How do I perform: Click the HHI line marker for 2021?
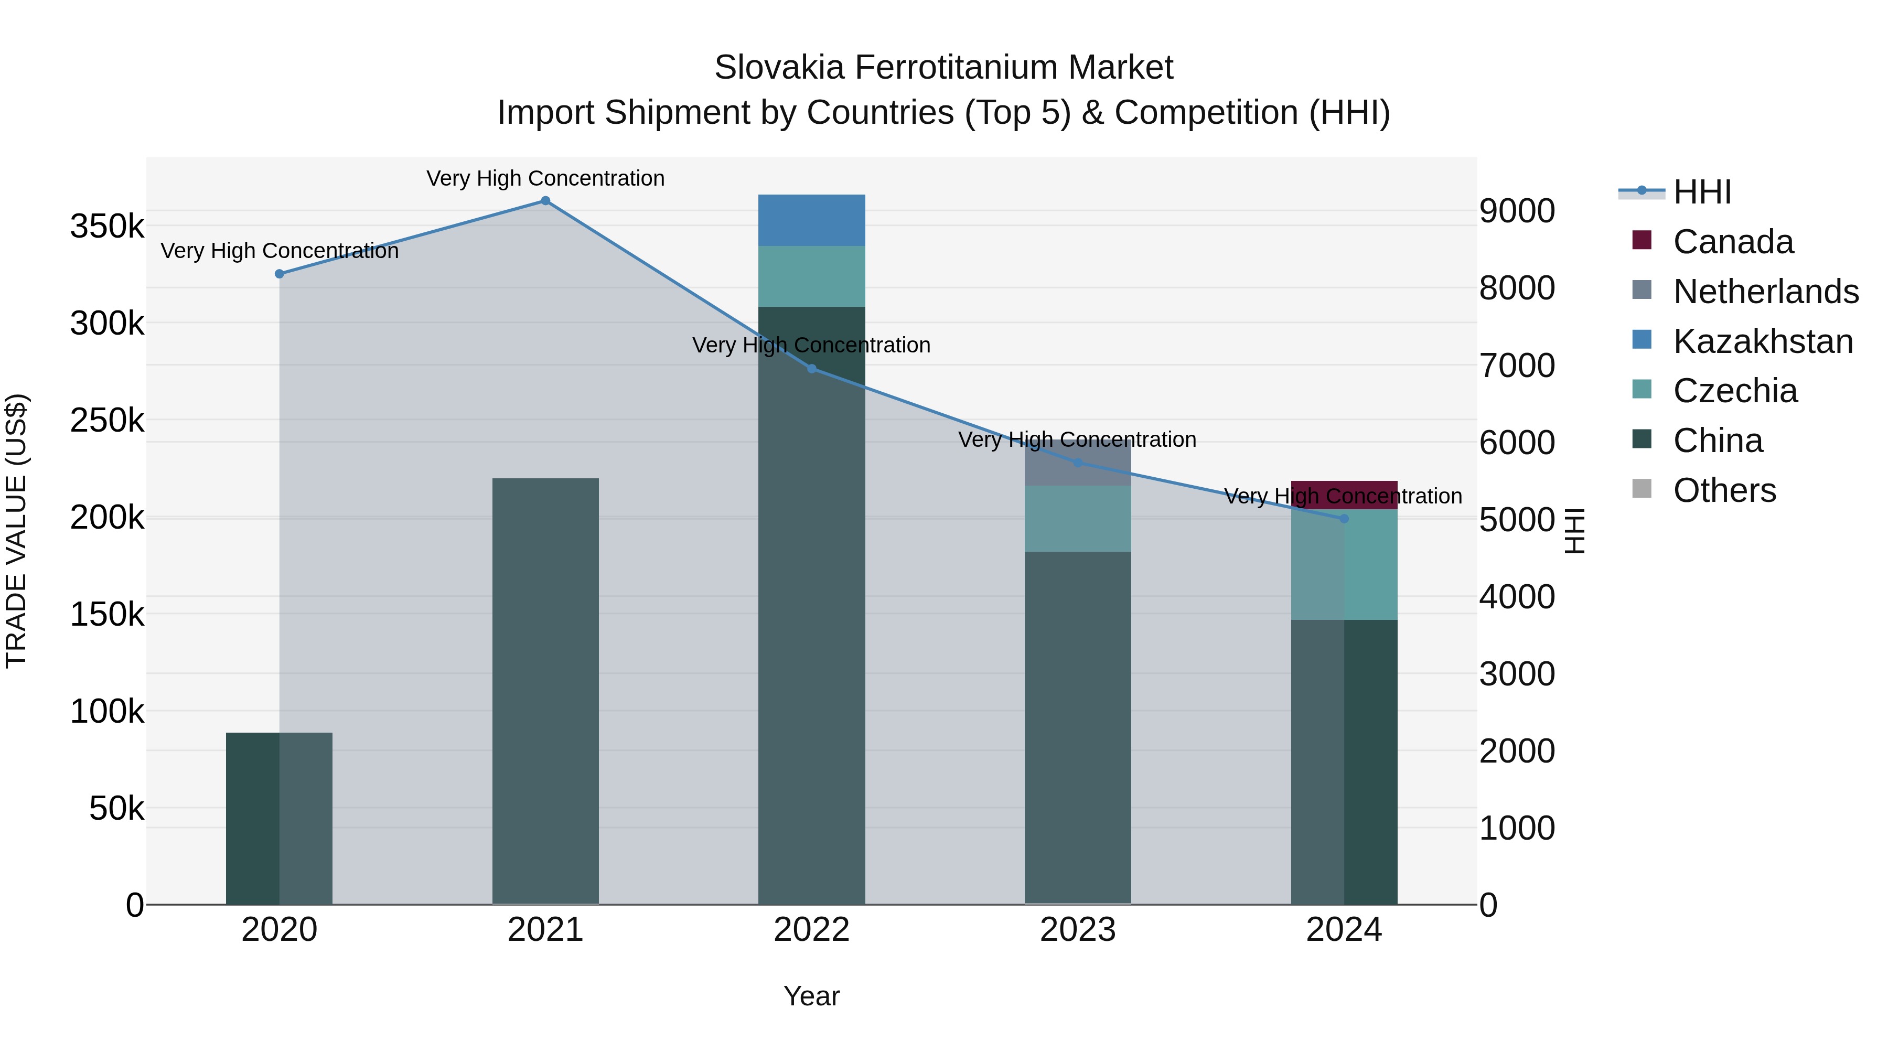point(545,201)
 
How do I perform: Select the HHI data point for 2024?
point(1344,518)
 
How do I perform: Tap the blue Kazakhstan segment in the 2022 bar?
point(811,220)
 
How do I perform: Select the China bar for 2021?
point(545,689)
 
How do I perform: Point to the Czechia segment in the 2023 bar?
point(1077,518)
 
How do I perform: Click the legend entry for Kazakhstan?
point(1763,341)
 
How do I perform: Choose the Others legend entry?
point(1724,490)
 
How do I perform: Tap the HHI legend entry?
point(1702,192)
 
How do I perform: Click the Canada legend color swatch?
point(1642,240)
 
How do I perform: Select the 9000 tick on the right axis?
point(1516,211)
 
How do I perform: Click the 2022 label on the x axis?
point(811,930)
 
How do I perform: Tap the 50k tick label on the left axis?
point(116,808)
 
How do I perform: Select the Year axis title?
point(811,996)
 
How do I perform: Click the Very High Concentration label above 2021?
point(545,178)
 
